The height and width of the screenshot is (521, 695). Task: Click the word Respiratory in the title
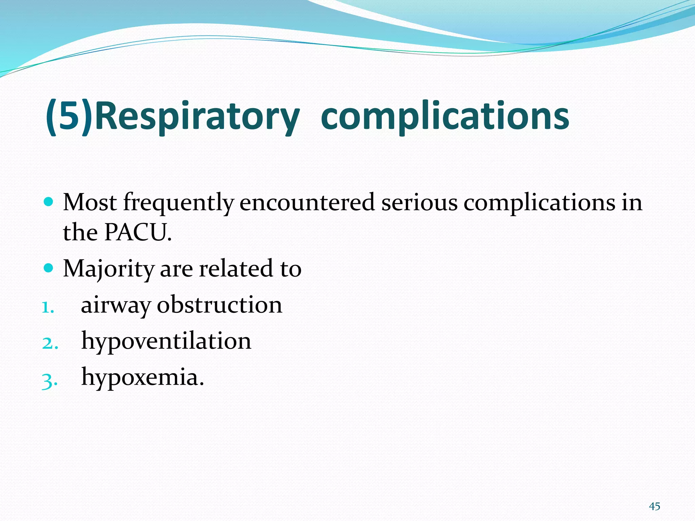197,117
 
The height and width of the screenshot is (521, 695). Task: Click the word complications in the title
445,117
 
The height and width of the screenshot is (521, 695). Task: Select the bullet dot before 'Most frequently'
49,202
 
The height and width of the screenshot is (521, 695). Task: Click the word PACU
138,233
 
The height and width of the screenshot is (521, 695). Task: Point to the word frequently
179,203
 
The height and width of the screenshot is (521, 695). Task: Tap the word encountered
307,203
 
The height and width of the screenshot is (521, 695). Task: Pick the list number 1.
48,307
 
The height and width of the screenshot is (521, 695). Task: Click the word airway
115,305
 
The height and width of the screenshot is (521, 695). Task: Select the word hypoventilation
166,341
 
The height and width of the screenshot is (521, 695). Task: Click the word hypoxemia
143,377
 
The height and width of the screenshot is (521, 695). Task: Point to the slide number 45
655,506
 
